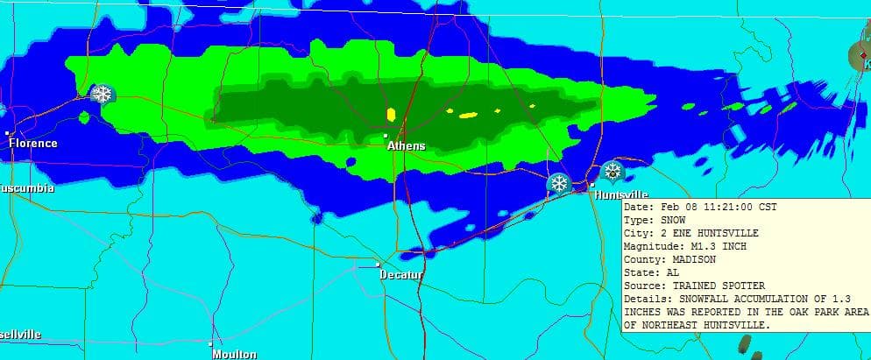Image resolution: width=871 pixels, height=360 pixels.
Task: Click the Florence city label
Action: (32, 144)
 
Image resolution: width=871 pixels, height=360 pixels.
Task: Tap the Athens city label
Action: (406, 146)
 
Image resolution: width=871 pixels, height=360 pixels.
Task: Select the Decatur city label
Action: (401, 275)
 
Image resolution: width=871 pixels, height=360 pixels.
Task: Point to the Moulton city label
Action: (234, 354)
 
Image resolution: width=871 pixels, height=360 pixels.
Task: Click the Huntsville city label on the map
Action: (621, 194)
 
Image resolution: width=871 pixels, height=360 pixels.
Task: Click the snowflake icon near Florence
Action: (103, 93)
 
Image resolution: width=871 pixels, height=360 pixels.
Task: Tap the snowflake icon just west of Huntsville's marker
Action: (557, 183)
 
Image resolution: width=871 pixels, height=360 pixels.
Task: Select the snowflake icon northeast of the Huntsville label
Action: (612, 171)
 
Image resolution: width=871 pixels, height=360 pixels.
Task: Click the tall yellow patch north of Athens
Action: (391, 114)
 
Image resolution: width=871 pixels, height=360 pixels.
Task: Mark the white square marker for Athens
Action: (386, 135)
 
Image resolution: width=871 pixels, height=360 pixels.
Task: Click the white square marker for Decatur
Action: (378, 264)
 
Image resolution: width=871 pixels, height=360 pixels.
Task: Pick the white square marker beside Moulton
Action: (210, 342)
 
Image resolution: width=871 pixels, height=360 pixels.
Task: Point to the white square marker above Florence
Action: (8, 132)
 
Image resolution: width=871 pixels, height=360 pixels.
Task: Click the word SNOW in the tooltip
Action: (672, 220)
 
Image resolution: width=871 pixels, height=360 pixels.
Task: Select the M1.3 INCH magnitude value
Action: (710, 246)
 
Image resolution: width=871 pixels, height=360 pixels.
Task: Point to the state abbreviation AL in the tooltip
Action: (672, 272)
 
